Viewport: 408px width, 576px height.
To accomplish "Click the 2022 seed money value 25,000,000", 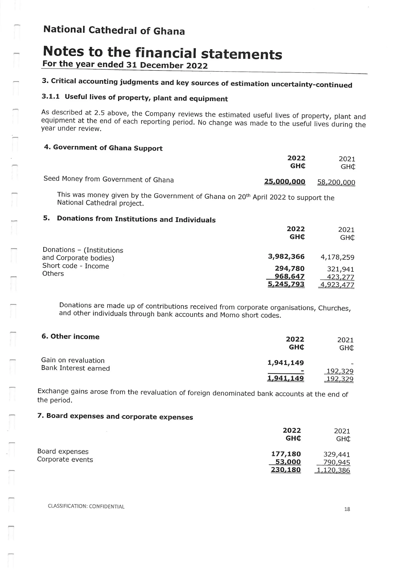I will (285, 181).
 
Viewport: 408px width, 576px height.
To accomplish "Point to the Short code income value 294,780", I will (289, 269).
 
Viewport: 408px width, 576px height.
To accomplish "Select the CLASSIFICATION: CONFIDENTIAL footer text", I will (86, 506).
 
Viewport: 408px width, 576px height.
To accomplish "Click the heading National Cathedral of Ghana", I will (114, 30).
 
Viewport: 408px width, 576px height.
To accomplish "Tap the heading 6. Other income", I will (71, 336).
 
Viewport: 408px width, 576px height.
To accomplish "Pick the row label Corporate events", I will (65, 459).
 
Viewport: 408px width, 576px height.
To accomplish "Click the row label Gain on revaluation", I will (73, 360).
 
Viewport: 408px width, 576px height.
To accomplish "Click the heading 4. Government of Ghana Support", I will (103, 148).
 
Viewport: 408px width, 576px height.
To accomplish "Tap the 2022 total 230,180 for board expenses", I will (286, 469).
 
